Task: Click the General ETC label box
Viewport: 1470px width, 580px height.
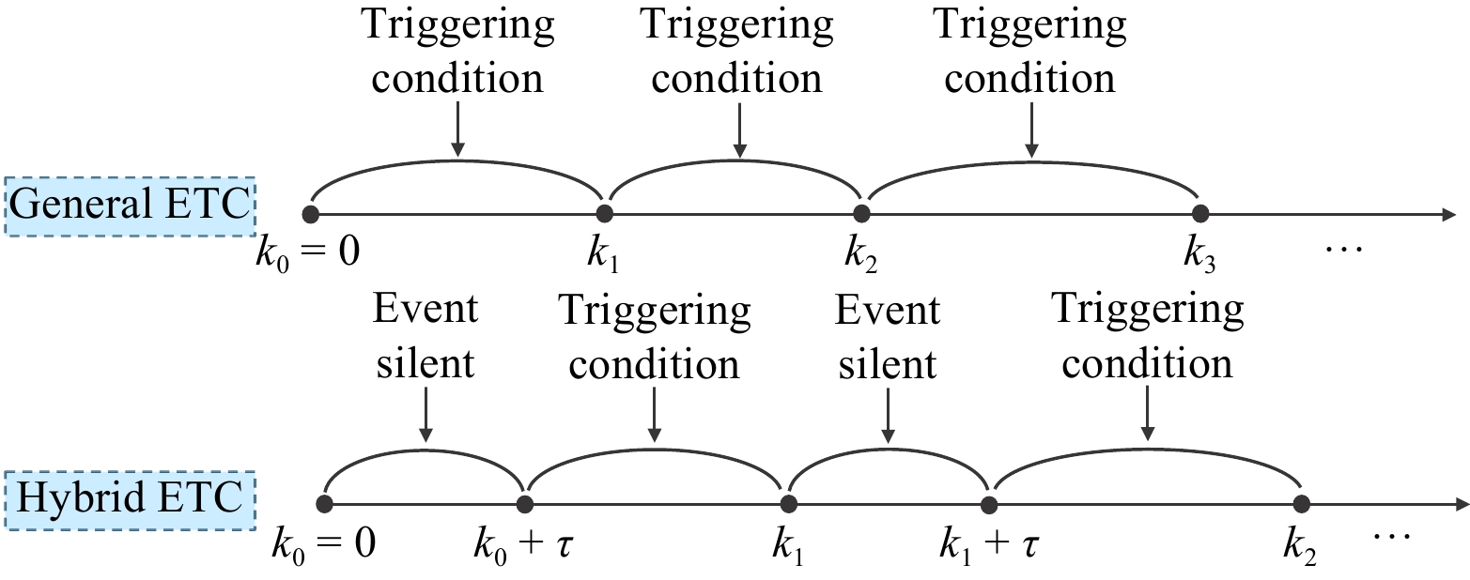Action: [130, 206]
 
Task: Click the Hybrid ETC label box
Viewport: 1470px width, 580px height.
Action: [130, 499]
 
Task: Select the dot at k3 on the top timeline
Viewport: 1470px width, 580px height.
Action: [1200, 214]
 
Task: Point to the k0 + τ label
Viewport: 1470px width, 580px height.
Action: [524, 545]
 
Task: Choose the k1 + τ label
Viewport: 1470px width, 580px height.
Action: [989, 545]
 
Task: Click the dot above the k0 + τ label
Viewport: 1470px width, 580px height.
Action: [524, 504]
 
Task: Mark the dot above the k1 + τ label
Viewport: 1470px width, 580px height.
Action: [989, 504]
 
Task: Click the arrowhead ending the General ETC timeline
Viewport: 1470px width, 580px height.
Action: [1449, 214]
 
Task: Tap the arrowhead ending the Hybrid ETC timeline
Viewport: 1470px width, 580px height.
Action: [1460, 504]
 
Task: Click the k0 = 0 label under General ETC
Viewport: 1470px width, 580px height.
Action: [308, 253]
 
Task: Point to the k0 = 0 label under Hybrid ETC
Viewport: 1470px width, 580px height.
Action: [323, 545]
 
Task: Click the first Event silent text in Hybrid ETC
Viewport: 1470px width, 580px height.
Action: [426, 336]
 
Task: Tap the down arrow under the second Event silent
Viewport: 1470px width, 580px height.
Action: [888, 416]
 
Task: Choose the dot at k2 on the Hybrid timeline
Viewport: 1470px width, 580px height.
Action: [1302, 504]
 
